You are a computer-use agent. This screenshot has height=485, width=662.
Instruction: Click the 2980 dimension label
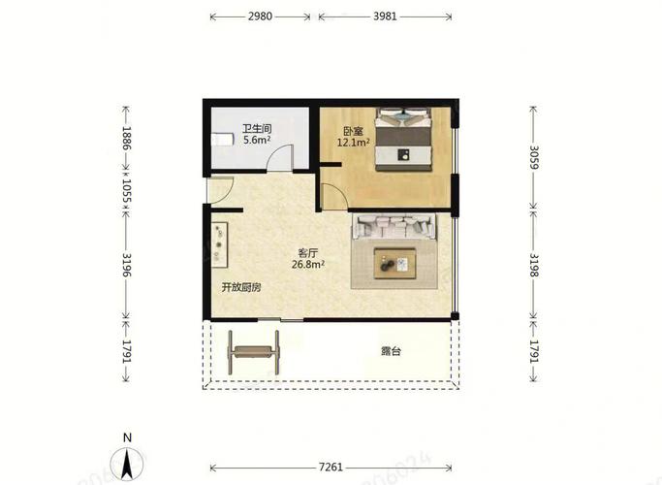click(260, 16)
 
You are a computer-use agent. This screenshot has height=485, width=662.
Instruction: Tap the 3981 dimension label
click(385, 16)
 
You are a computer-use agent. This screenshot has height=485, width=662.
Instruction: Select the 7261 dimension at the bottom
click(331, 468)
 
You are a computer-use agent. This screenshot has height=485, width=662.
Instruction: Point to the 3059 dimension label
click(534, 157)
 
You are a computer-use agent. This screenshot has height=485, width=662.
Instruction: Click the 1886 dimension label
click(127, 138)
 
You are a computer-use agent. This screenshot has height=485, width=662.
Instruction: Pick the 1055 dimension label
click(127, 191)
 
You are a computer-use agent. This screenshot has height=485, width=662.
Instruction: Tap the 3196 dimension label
click(127, 265)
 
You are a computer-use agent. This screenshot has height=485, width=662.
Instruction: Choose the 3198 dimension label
click(534, 266)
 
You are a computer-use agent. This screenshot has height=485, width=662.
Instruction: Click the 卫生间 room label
click(257, 128)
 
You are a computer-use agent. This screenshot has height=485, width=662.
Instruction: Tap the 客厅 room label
click(308, 253)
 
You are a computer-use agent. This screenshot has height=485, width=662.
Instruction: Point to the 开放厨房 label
click(241, 288)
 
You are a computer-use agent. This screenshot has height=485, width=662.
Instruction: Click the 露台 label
click(391, 351)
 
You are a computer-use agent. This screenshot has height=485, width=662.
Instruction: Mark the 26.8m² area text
click(308, 265)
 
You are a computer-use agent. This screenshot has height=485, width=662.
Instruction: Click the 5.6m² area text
click(257, 140)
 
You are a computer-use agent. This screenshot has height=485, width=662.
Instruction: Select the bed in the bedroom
click(404, 140)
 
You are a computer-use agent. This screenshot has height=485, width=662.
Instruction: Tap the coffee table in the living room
click(395, 264)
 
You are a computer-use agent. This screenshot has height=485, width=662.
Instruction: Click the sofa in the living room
click(394, 227)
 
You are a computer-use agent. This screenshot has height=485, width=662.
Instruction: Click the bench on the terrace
click(253, 352)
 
